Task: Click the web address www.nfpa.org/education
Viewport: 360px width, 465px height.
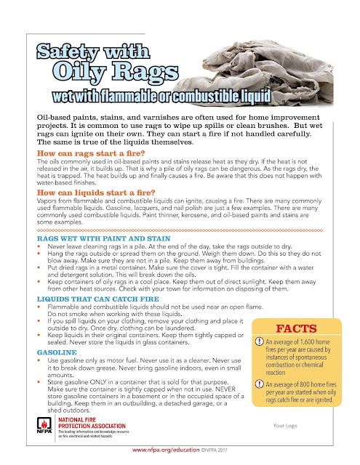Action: click(164, 450)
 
